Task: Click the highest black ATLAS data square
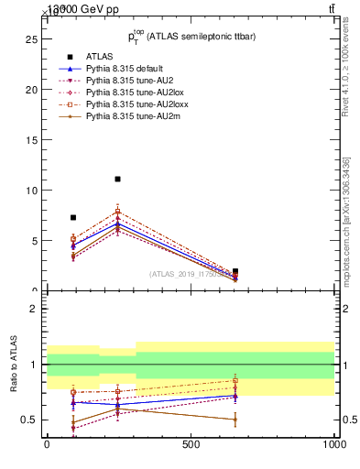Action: (117, 179)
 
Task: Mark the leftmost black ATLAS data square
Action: (73, 217)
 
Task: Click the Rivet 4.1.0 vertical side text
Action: (345, 82)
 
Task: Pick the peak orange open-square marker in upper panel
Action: (117, 211)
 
